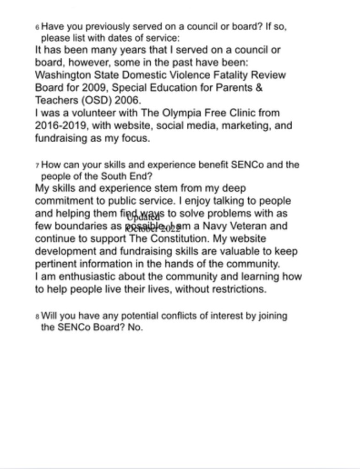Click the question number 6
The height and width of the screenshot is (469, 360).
(37, 28)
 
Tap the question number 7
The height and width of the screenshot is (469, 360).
(37, 166)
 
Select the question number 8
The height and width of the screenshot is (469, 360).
(37, 317)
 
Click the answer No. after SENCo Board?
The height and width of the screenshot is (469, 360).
(136, 328)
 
